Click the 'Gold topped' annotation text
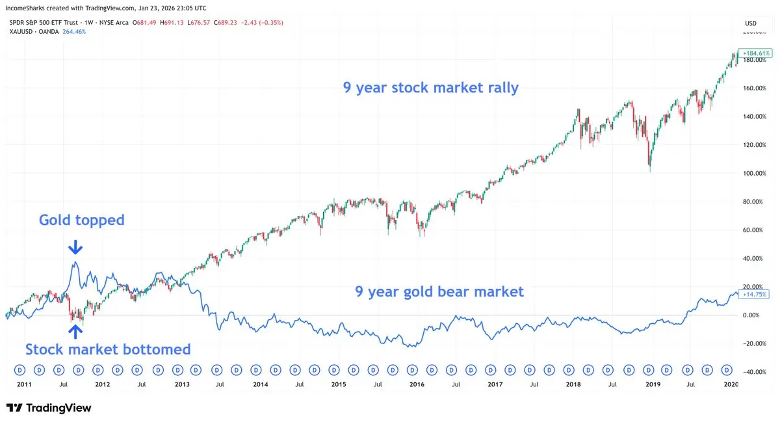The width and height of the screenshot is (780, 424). [81, 220]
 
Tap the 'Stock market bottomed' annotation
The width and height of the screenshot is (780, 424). [108, 350]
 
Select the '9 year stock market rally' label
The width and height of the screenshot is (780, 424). [431, 88]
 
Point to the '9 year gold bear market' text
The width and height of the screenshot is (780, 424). [439, 292]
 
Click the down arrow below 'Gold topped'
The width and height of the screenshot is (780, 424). [75, 247]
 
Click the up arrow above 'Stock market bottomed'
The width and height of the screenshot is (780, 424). [75, 331]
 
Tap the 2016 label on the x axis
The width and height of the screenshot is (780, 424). [417, 385]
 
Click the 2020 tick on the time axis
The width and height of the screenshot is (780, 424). [731, 385]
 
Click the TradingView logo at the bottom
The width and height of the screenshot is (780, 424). [49, 408]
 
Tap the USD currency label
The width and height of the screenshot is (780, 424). [750, 23]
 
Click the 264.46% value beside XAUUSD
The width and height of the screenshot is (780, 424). [73, 31]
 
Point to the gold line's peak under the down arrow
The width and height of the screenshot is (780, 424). [76, 262]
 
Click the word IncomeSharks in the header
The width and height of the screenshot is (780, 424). [25, 7]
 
